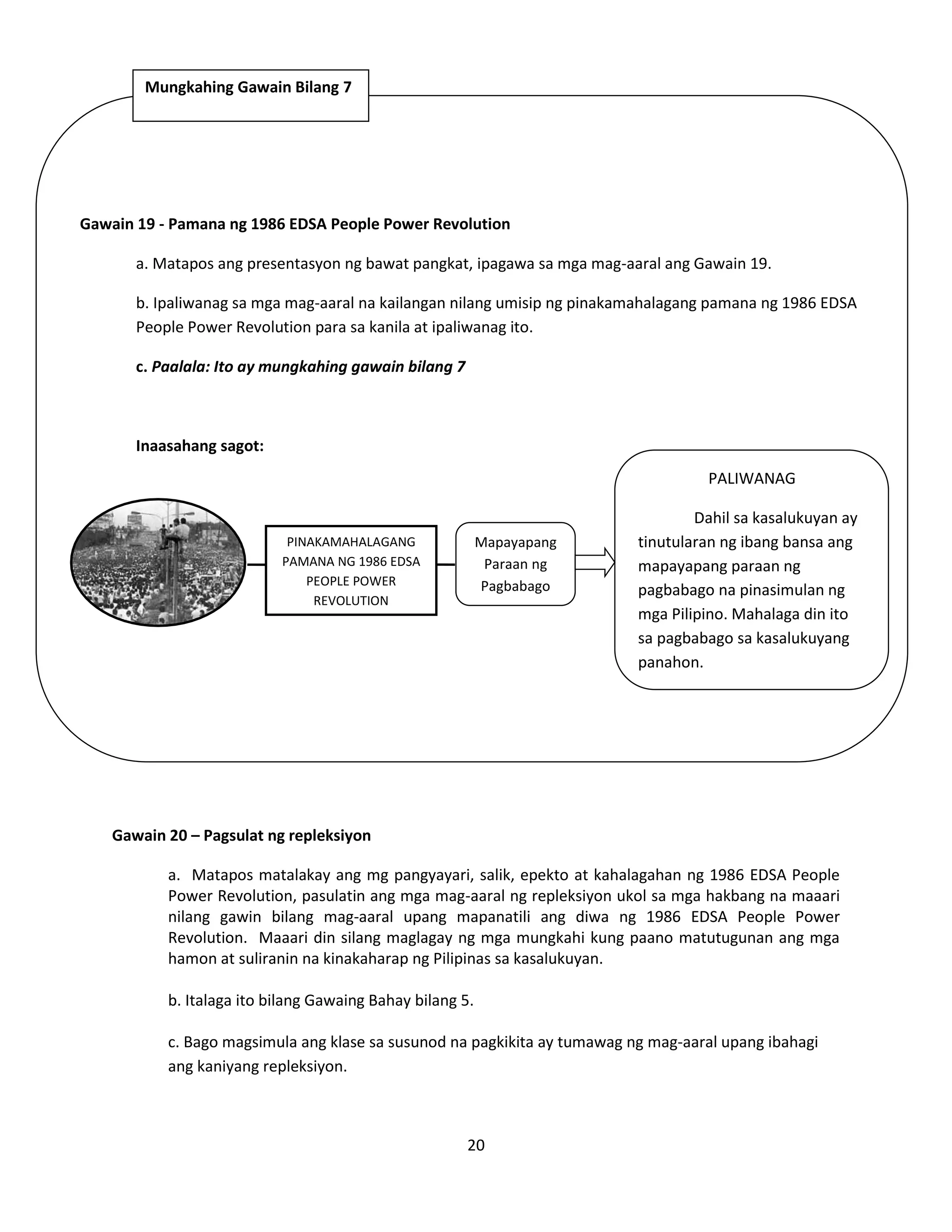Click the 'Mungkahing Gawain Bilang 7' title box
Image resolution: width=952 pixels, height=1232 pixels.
[251, 95]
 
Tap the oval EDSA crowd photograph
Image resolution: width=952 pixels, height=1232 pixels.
[159, 563]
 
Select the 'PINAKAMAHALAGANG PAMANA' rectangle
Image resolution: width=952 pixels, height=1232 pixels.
[351, 570]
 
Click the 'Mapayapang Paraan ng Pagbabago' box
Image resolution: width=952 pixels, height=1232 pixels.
[516, 564]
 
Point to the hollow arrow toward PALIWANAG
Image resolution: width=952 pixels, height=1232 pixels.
[595, 563]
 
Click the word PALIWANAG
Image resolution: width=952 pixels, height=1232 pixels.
[751, 478]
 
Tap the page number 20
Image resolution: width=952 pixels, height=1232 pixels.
[476, 1145]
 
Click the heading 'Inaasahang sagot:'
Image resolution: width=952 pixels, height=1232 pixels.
[199, 446]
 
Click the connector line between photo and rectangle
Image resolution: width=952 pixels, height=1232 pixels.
[256, 564]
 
